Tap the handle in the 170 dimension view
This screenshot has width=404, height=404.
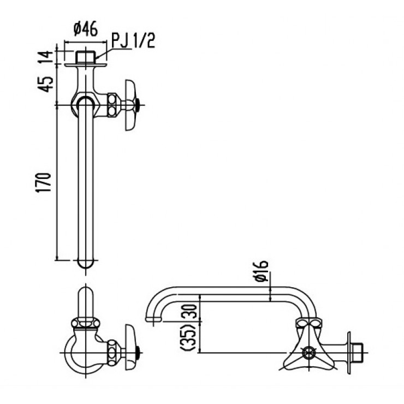pyautogui.click(x=132, y=105)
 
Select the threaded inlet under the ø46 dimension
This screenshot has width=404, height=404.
pyautogui.click(x=84, y=56)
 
